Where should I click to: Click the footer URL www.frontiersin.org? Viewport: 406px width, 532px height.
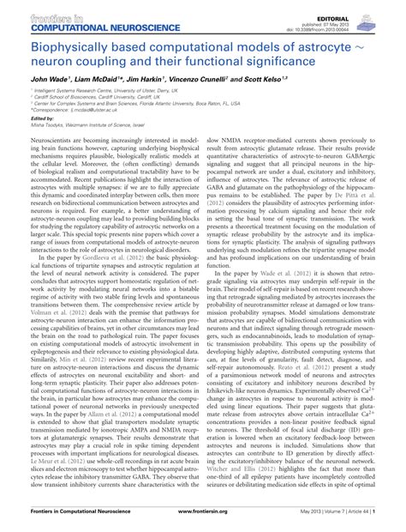[202, 523]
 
